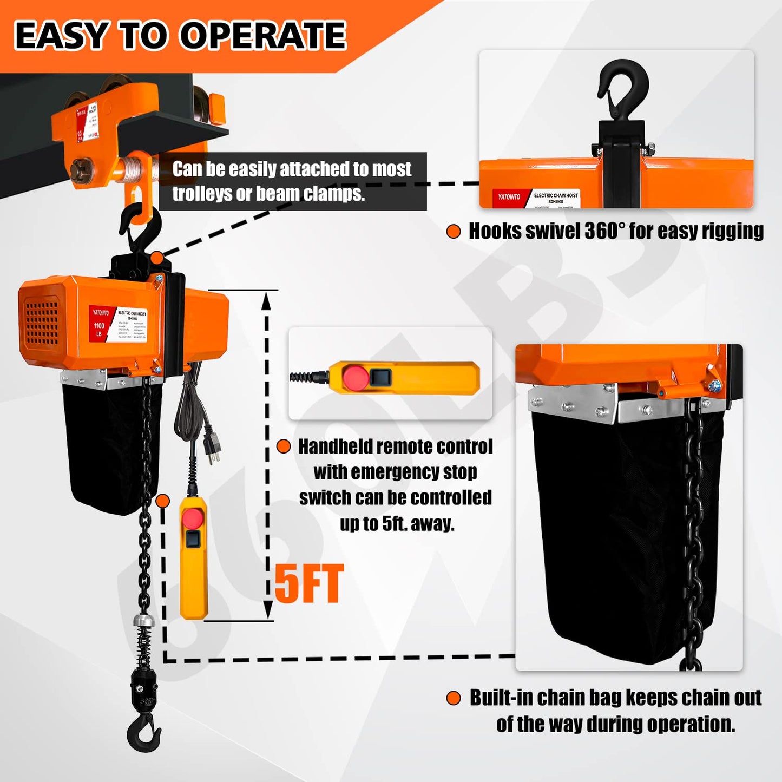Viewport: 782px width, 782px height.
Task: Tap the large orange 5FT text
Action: pos(309,584)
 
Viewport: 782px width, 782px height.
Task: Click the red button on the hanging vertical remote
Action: pos(192,518)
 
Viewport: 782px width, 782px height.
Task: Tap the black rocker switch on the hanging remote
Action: pos(192,538)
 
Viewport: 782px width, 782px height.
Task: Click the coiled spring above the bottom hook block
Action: pos(144,646)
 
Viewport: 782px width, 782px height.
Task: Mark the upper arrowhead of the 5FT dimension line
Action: pos(266,300)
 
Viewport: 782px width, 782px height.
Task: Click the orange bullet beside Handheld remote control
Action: pos(284,446)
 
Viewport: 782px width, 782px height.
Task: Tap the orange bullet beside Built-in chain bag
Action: pos(454,698)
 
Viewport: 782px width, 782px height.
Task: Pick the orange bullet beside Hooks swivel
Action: pos(454,232)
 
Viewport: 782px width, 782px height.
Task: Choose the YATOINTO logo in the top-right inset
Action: pos(509,197)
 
